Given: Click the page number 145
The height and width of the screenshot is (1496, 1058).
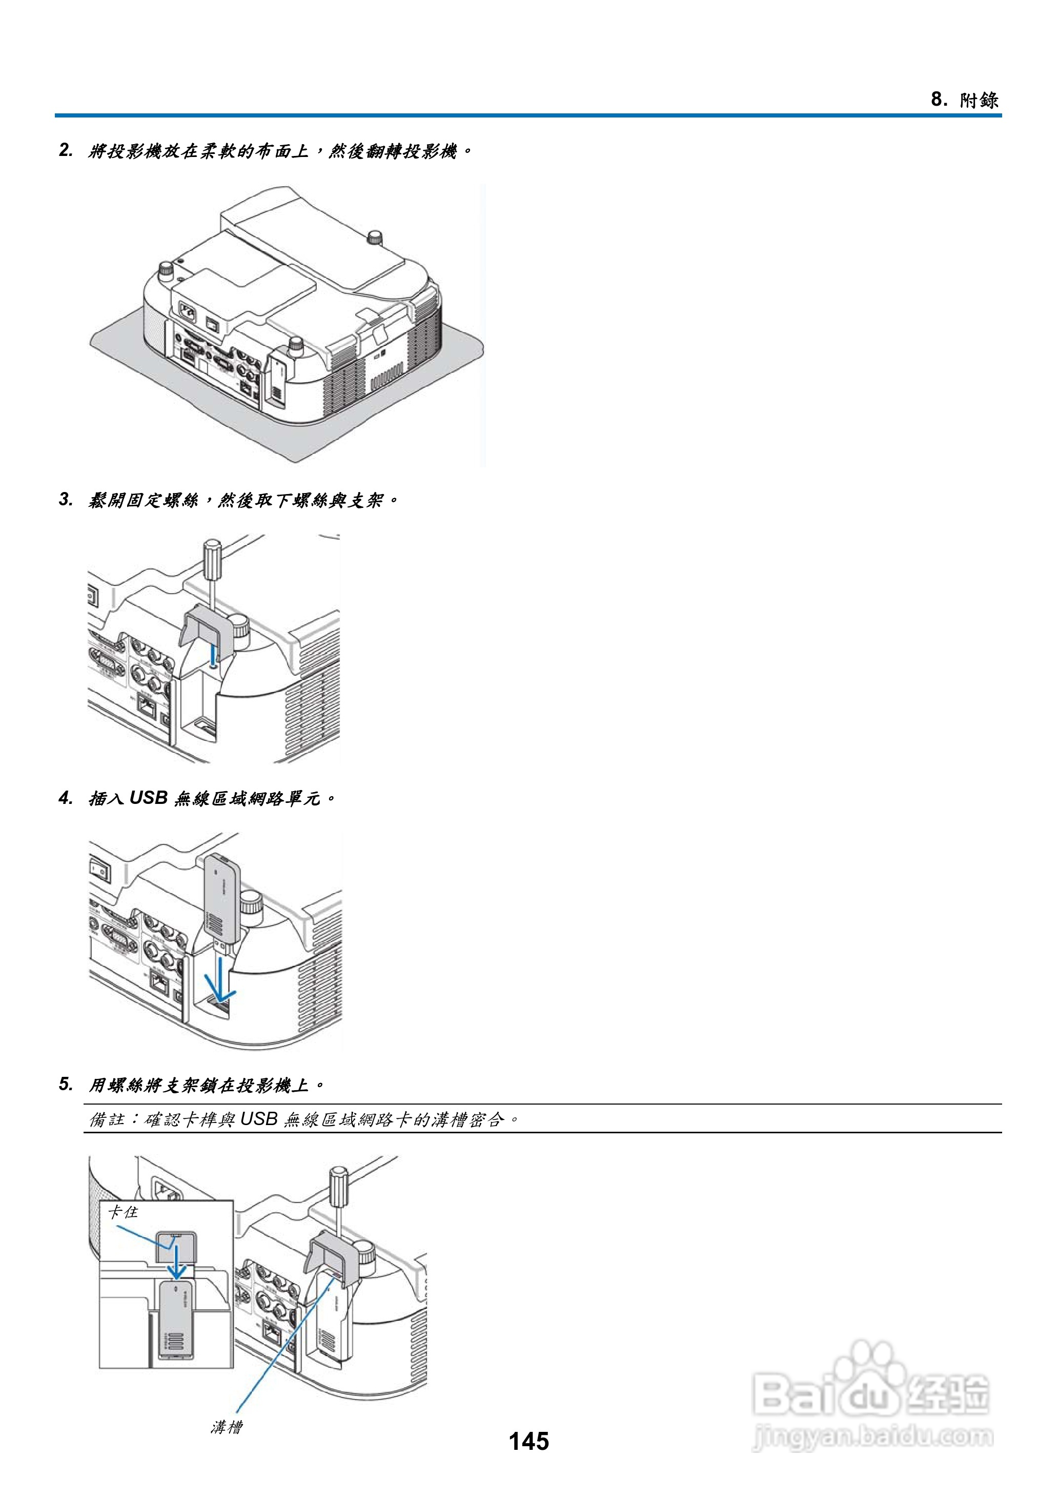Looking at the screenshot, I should point(528,1441).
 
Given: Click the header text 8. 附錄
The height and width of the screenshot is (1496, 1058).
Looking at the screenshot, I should point(964,100).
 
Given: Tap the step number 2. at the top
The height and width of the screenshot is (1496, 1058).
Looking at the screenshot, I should point(66,151).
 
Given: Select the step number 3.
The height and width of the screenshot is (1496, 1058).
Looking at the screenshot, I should point(66,500).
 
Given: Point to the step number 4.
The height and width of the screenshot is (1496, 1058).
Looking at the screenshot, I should point(66,798).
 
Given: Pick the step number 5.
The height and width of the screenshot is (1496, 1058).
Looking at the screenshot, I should point(66,1085).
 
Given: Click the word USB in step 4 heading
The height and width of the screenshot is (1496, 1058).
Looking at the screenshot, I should point(149,798).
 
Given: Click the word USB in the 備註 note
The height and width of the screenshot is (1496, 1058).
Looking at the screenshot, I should point(259,1119).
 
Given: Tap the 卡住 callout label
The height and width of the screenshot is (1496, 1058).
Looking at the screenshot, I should point(123,1212).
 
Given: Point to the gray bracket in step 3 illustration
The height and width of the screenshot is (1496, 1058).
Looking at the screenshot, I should point(205,626).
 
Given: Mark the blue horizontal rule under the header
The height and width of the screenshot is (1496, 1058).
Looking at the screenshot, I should point(527,116).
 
